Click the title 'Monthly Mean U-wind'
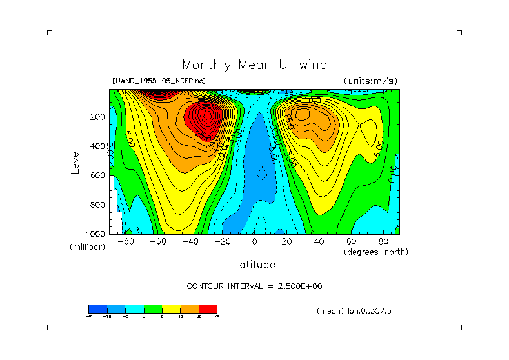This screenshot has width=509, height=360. (x=254, y=65)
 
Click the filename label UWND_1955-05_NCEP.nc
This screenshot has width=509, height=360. (x=159, y=81)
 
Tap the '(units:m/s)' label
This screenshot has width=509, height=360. (x=370, y=81)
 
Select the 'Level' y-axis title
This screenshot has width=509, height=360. (x=76, y=160)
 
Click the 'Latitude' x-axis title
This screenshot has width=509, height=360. (x=254, y=265)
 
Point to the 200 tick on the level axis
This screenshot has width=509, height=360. (x=98, y=117)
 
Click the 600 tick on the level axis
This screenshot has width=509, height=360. (x=98, y=175)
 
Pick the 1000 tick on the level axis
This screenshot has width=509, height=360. (x=96, y=234)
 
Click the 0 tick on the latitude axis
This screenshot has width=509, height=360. (x=255, y=241)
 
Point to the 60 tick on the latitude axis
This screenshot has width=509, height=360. (x=352, y=241)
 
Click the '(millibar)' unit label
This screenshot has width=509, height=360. (x=87, y=248)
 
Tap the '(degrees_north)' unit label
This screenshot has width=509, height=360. (x=376, y=252)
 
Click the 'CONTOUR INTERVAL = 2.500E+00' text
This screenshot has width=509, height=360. (x=254, y=286)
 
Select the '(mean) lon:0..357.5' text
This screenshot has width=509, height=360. (x=354, y=311)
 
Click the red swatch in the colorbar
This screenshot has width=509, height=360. (x=208, y=308)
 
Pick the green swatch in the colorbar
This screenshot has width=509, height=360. (x=153, y=308)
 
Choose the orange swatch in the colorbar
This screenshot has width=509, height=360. (x=190, y=308)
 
